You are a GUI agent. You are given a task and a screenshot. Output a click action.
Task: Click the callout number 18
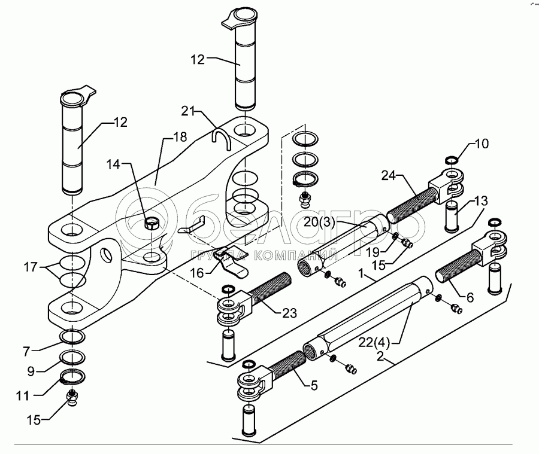(180, 137)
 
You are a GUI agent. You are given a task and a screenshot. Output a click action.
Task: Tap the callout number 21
(188, 112)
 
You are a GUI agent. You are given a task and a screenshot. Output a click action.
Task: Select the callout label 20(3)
(320, 222)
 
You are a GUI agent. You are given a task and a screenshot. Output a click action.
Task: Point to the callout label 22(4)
(374, 342)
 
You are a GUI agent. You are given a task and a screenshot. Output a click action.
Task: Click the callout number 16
(197, 273)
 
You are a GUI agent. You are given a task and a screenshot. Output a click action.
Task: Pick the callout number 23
(289, 313)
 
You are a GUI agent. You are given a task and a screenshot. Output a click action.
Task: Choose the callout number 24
(389, 176)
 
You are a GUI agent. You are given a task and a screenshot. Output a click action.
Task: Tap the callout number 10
(482, 144)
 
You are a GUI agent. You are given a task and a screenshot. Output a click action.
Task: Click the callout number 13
(480, 200)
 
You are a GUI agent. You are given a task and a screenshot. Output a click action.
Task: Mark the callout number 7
(27, 351)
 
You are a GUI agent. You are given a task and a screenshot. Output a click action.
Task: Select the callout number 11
(23, 396)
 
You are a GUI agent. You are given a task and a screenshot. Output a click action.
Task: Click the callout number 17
(31, 267)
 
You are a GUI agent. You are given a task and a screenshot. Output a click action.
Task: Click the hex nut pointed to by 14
(152, 224)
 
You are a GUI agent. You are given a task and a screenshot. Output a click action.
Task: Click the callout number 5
(314, 386)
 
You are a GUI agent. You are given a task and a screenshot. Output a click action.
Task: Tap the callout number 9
(31, 371)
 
